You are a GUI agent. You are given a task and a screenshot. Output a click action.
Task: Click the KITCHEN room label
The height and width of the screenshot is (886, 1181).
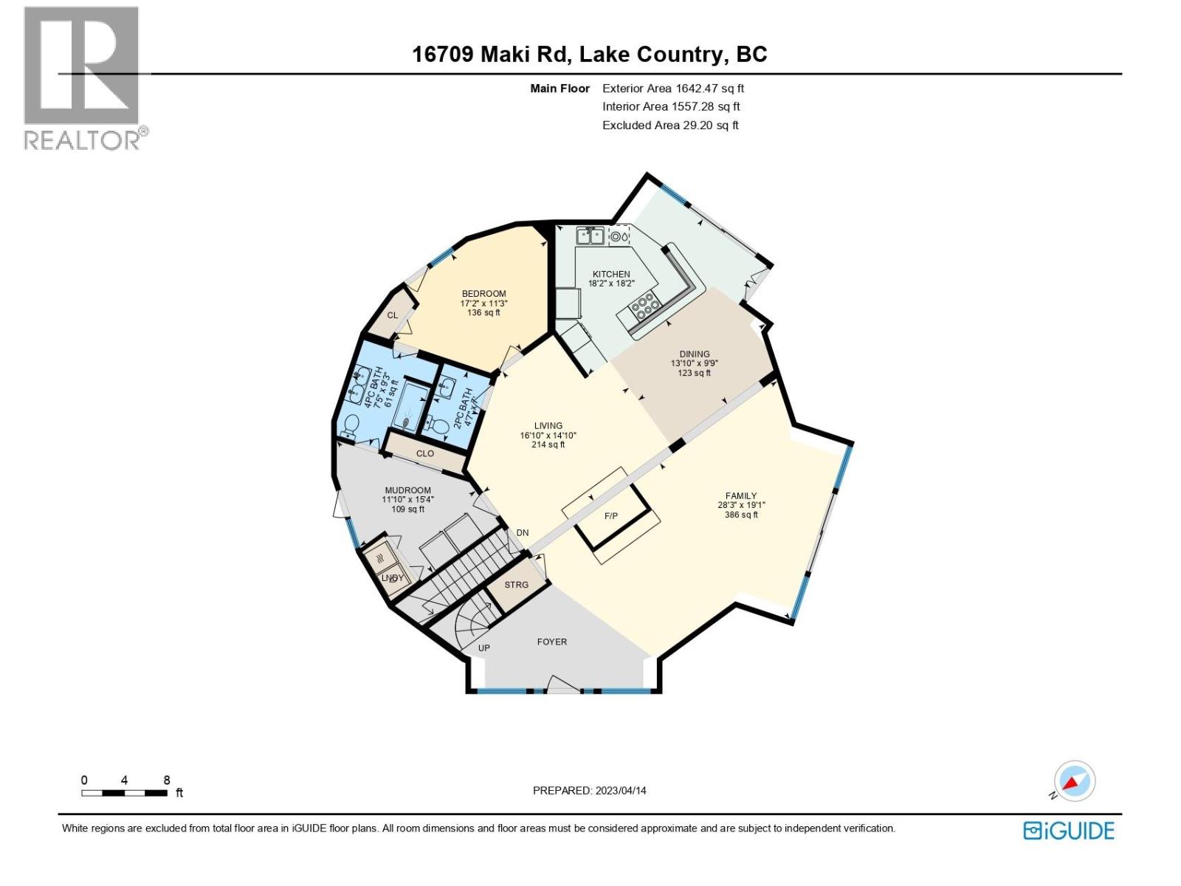(x=611, y=274)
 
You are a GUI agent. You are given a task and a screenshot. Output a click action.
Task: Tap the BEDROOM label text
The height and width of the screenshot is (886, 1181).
(x=484, y=294)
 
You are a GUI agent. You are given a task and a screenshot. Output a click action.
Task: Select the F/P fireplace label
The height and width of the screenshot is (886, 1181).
(x=611, y=516)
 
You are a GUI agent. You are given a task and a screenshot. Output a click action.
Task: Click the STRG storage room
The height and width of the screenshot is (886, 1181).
(x=517, y=585)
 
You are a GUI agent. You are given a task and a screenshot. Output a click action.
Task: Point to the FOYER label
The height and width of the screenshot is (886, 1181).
(x=552, y=642)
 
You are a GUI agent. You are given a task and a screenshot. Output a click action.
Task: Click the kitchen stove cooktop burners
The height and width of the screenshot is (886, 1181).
(x=644, y=306)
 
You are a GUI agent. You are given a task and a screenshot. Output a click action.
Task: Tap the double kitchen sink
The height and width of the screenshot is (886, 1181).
(x=590, y=236)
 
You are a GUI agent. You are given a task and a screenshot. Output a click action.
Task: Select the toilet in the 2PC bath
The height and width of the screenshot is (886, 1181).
(x=441, y=426)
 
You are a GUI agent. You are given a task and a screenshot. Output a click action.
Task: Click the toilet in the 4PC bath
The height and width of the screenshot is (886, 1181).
(x=351, y=425)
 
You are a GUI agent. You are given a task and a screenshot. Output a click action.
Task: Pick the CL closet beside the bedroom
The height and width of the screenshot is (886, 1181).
(x=393, y=315)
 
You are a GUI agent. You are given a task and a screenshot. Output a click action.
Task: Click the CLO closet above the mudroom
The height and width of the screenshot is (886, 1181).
(x=425, y=453)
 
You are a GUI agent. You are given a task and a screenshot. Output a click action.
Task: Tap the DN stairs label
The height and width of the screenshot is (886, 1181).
(x=523, y=533)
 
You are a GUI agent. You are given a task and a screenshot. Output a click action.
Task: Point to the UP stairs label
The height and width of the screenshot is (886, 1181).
(x=484, y=648)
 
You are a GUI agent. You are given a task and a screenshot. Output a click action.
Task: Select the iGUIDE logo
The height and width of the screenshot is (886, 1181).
(x=1069, y=831)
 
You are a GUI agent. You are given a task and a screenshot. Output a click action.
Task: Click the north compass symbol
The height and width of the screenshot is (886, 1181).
(x=1074, y=781)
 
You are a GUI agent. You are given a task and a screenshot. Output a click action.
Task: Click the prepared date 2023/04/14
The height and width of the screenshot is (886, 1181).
(x=589, y=791)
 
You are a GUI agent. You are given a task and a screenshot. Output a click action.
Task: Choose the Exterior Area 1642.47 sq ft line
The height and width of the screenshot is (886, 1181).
(x=673, y=89)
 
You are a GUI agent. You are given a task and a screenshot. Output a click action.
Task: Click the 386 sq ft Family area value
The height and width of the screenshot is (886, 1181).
(x=741, y=515)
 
